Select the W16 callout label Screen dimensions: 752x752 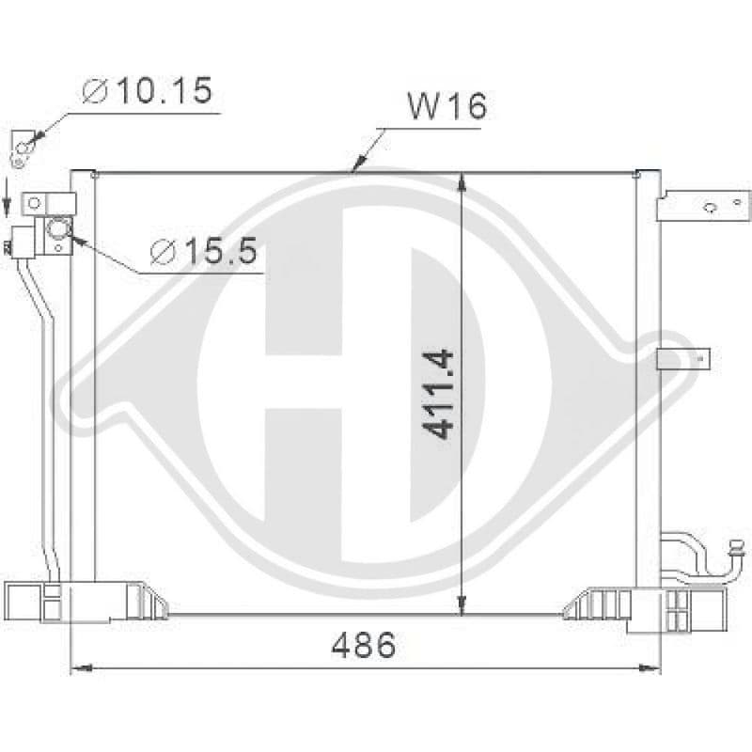pyautogui.click(x=447, y=106)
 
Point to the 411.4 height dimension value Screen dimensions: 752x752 pyautogui.click(x=439, y=394)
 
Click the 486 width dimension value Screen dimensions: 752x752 pyautogui.click(x=364, y=645)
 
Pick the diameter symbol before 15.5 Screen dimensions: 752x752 pyautogui.click(x=163, y=252)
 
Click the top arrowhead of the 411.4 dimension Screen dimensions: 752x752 pyautogui.click(x=462, y=180)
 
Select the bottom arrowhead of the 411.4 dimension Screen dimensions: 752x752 pyautogui.click(x=462, y=605)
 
